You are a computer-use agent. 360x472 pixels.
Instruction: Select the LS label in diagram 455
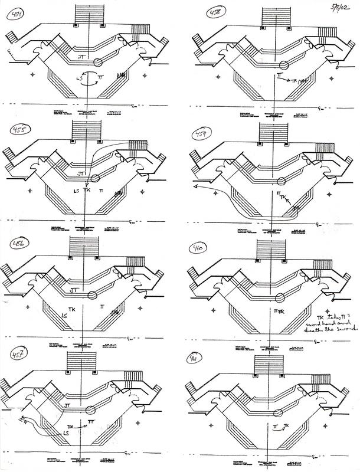pos(76,192)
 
